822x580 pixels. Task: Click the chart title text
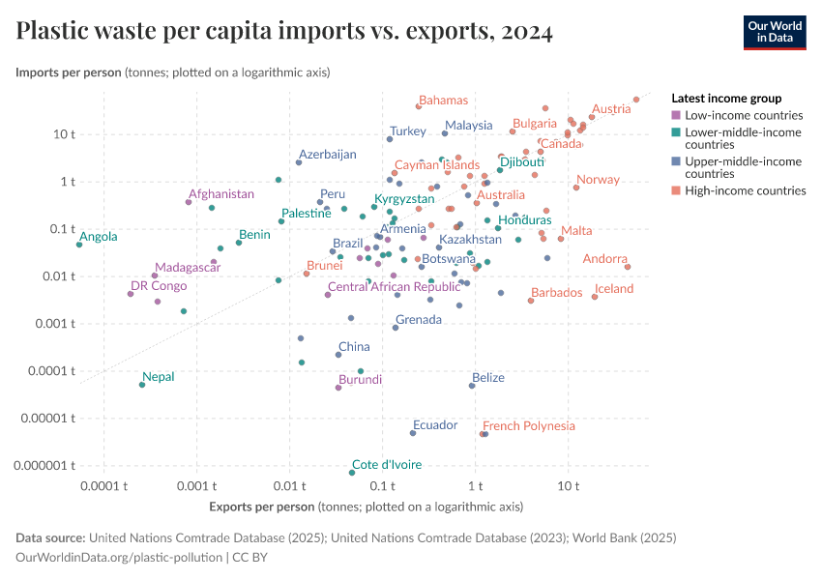pyautogui.click(x=284, y=31)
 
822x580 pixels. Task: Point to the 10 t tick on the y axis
pyautogui.click(x=66, y=133)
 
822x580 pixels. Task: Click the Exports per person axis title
pyautogui.click(x=366, y=507)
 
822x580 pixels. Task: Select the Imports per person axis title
pyautogui.click(x=173, y=72)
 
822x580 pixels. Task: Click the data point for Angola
pyautogui.click(x=79, y=245)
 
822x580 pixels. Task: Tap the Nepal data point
pyautogui.click(x=142, y=385)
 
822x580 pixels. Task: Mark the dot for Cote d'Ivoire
pyautogui.click(x=352, y=473)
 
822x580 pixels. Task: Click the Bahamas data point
pyautogui.click(x=419, y=106)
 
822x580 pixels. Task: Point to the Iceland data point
pyautogui.click(x=595, y=297)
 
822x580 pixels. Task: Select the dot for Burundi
pyautogui.click(x=338, y=388)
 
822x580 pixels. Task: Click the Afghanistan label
pyautogui.click(x=221, y=194)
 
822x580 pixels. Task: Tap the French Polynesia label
pyautogui.click(x=528, y=425)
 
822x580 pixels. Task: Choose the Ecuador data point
pyautogui.click(x=413, y=433)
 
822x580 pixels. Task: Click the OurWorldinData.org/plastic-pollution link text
pyautogui.click(x=119, y=557)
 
